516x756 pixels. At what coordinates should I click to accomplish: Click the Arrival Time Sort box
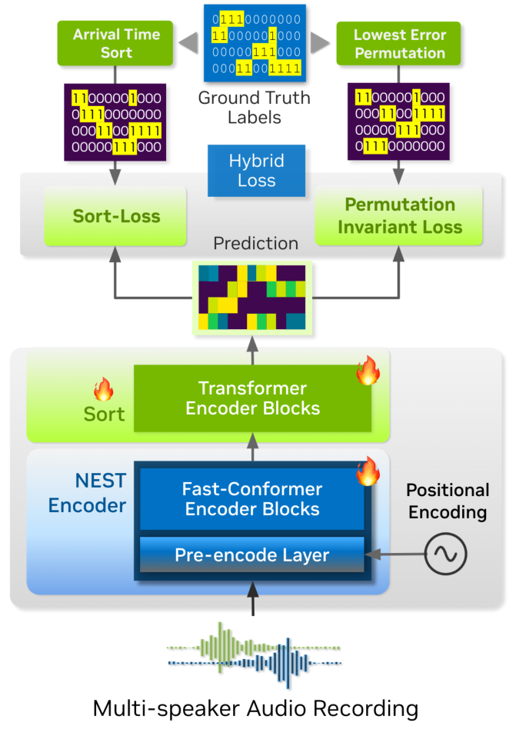click(x=115, y=43)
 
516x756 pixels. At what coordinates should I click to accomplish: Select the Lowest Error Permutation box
click(x=399, y=43)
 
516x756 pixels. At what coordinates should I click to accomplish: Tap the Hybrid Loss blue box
click(x=257, y=171)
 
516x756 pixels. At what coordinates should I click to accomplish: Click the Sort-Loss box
click(x=115, y=216)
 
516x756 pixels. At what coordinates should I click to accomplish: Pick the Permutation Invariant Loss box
click(x=399, y=215)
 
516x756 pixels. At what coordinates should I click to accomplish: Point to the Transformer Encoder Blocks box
click(x=253, y=398)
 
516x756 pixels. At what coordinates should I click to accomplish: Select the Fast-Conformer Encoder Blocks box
click(x=252, y=499)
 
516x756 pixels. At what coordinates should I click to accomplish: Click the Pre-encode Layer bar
click(x=252, y=555)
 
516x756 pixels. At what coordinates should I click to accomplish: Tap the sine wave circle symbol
click(x=445, y=554)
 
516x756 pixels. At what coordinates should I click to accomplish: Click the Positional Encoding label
click(x=448, y=501)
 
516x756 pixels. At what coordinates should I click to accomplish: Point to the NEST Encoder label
click(x=88, y=493)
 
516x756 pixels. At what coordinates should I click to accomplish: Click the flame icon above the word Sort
click(x=104, y=389)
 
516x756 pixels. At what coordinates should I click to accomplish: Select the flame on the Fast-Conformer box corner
click(x=368, y=471)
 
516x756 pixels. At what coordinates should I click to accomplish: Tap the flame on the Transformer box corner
click(x=368, y=370)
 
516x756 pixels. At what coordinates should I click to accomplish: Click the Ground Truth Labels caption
click(x=254, y=108)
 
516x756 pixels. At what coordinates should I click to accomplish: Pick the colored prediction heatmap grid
click(x=252, y=298)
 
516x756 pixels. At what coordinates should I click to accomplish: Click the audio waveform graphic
click(x=254, y=654)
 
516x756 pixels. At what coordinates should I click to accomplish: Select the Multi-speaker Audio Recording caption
click(x=255, y=709)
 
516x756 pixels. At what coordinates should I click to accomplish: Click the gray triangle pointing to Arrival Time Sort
click(x=188, y=42)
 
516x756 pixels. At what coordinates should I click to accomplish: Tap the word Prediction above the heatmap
click(x=255, y=244)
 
